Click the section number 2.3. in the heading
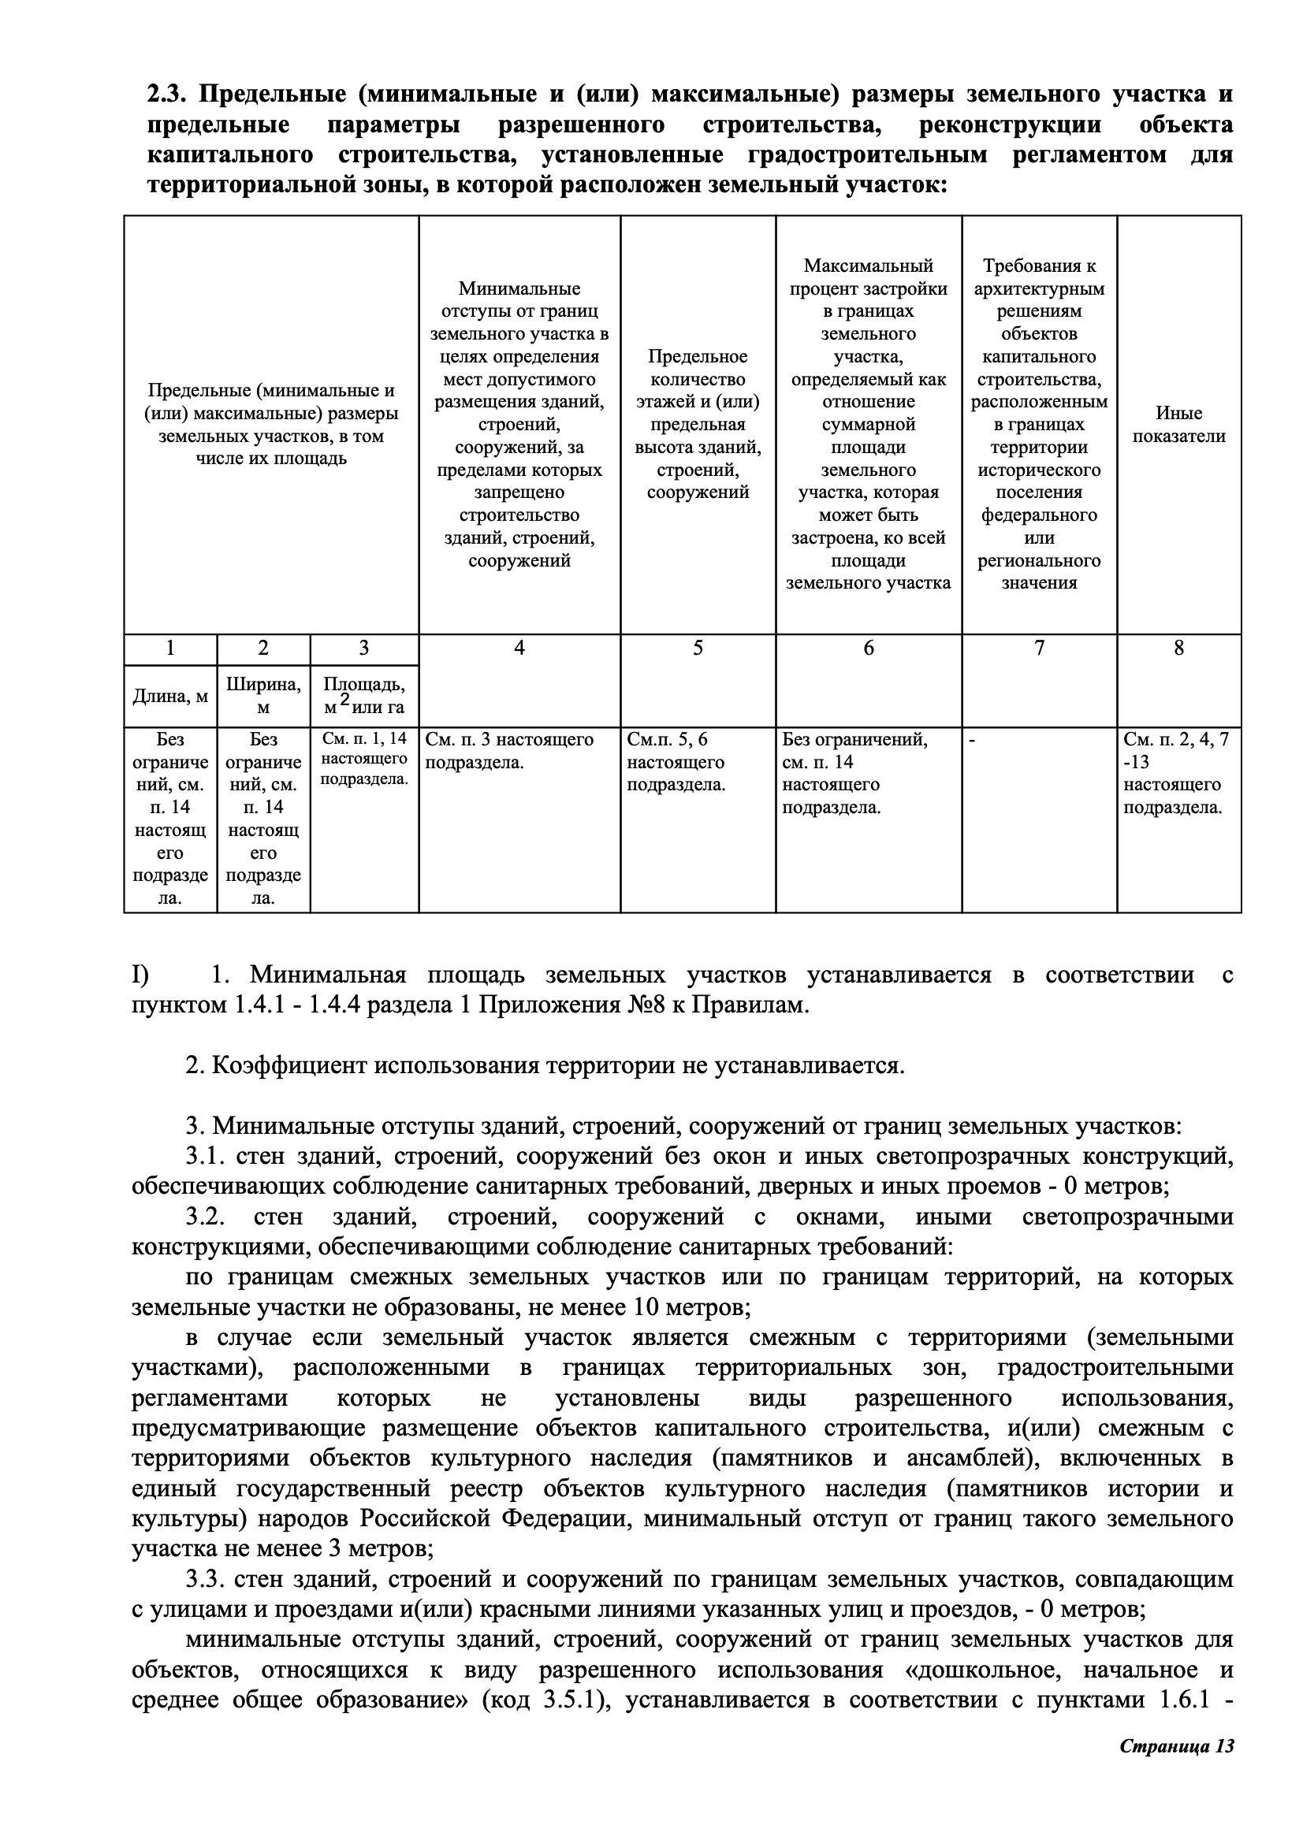[x=168, y=95]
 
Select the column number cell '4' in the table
[x=519, y=648]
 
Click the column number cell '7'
[x=1039, y=648]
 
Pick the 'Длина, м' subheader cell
[x=170, y=696]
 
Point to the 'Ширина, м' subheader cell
[x=263, y=696]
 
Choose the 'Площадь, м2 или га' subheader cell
[x=363, y=696]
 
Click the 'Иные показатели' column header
[x=1178, y=425]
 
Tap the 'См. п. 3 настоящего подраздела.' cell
[x=509, y=751]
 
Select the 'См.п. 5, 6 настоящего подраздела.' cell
[x=676, y=762]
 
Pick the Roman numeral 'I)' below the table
[x=140, y=975]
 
